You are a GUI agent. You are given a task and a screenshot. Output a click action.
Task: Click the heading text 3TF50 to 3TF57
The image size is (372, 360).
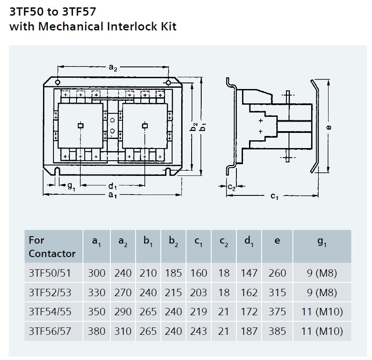(x=53, y=10)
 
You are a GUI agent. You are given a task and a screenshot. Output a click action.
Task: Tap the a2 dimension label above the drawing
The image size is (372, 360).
(x=113, y=67)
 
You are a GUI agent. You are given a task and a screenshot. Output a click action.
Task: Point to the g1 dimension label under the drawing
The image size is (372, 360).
(x=71, y=185)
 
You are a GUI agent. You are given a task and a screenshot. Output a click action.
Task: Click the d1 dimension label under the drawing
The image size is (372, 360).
(x=112, y=186)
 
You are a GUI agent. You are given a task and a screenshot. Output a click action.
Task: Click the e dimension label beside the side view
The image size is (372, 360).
(x=329, y=127)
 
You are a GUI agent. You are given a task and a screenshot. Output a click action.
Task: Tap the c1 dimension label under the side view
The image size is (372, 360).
(x=274, y=196)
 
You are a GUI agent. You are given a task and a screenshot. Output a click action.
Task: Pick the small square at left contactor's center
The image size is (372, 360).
(x=80, y=126)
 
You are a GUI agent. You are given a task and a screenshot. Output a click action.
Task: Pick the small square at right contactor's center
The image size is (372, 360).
(x=145, y=126)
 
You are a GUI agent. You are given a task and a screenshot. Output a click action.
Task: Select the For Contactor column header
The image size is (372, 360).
(x=52, y=247)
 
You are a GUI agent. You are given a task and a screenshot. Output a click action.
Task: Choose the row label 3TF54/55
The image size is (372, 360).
(x=50, y=312)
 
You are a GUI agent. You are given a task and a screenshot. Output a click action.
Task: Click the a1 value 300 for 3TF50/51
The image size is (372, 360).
(x=96, y=273)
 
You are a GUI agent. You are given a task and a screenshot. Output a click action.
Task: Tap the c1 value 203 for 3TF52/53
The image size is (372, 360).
(x=199, y=293)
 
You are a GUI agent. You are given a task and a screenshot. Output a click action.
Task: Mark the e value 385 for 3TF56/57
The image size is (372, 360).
(x=277, y=331)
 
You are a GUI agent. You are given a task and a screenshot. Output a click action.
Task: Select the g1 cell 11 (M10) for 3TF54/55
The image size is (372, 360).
(x=322, y=312)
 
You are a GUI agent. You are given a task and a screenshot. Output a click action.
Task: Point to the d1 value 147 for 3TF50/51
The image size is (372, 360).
(x=249, y=273)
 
